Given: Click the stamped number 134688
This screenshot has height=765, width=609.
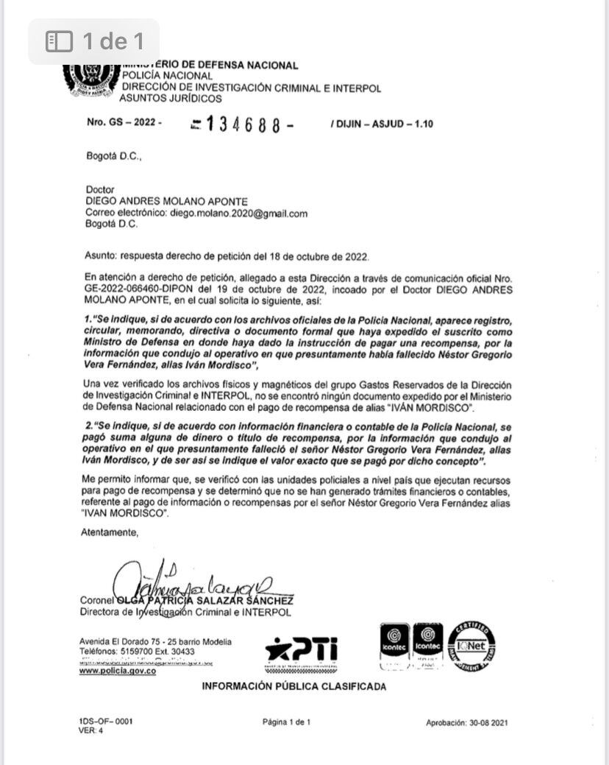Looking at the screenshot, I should click(243, 124).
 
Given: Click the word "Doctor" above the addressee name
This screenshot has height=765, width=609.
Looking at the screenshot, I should click(100, 190).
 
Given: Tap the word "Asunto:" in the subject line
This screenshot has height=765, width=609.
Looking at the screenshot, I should click(100, 257).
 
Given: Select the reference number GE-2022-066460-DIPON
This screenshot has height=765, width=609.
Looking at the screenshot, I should click(135, 290).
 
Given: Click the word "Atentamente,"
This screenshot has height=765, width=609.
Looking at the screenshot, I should click(110, 531).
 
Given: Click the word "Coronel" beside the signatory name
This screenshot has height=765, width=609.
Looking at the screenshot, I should click(98, 600).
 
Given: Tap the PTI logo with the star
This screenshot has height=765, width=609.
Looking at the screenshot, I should click(302, 649).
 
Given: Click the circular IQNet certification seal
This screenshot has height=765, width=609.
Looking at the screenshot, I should click(471, 646).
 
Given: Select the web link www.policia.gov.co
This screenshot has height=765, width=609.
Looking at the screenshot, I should click(118, 671).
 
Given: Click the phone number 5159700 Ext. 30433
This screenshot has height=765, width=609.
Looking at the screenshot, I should click(159, 651).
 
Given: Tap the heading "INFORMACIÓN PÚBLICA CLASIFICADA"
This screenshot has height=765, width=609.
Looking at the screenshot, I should click(294, 686).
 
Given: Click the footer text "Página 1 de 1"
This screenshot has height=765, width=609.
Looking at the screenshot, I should click(287, 722).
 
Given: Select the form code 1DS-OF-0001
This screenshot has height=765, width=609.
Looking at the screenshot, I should click(107, 722).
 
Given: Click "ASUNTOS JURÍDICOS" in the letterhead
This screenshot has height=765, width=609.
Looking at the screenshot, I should click(171, 98).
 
